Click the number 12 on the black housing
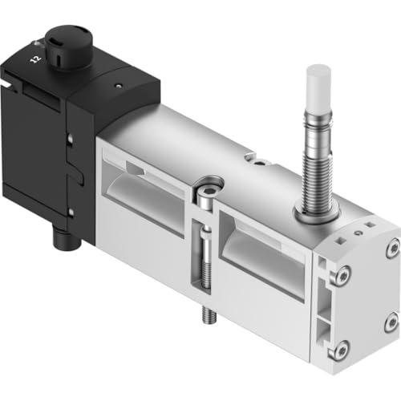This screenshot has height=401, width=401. (x=35, y=59)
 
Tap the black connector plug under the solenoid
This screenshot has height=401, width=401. (x=67, y=237)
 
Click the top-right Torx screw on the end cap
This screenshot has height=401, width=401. (x=394, y=248)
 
